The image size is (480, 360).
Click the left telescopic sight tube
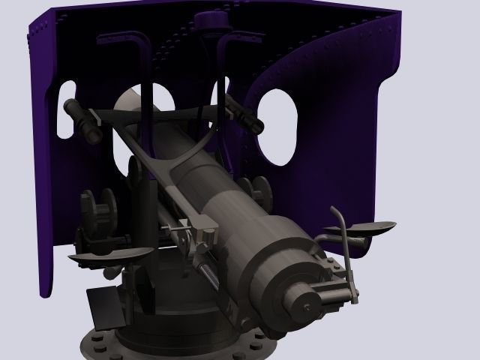tap(82, 121)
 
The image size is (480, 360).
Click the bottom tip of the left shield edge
tap(46, 292)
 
